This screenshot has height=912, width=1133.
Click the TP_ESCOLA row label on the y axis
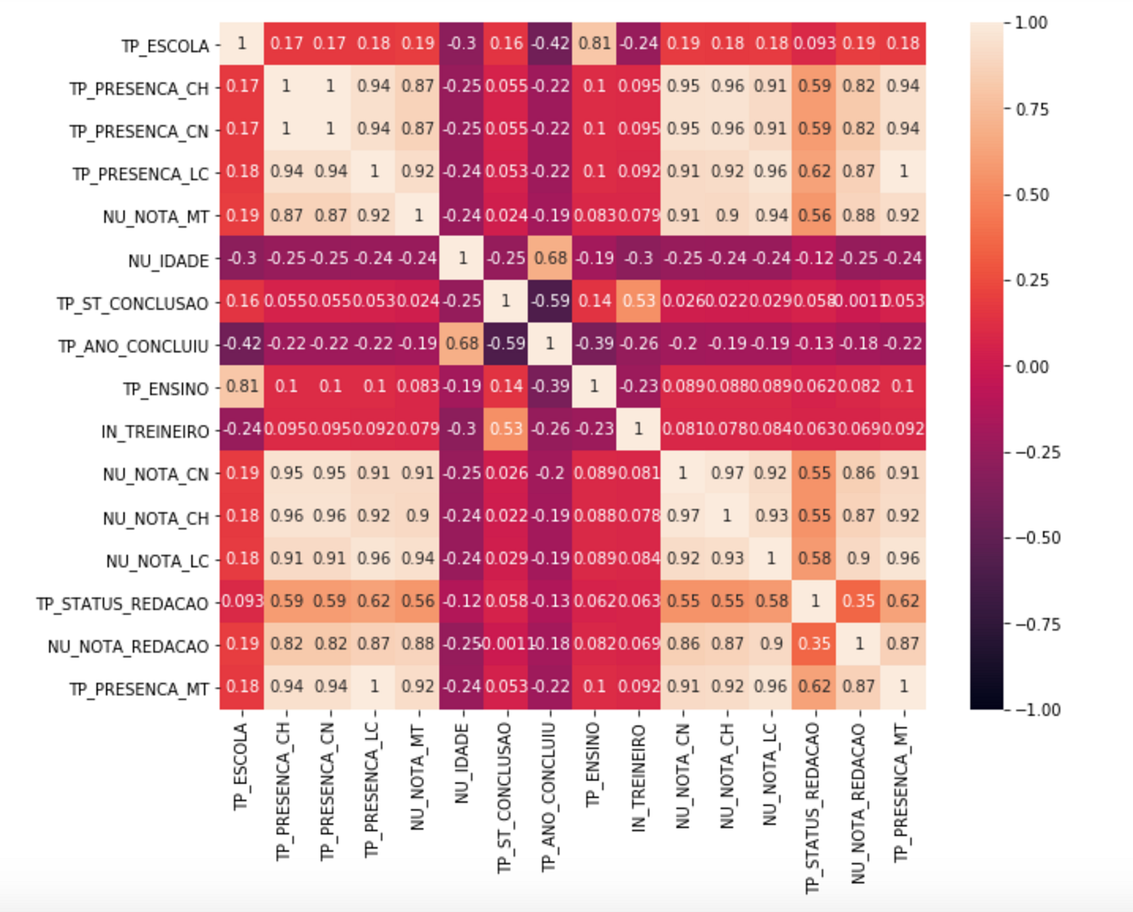[164, 46]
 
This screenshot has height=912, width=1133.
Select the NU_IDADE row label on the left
[168, 261]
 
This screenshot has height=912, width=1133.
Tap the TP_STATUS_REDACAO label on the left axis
[122, 604]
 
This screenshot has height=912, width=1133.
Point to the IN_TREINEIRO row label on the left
[155, 432]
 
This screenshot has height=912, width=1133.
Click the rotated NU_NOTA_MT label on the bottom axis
[418, 777]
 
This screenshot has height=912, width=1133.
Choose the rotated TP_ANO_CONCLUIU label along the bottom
[550, 797]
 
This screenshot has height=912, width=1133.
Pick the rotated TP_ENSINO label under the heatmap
[594, 765]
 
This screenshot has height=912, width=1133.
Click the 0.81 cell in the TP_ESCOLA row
[594, 43]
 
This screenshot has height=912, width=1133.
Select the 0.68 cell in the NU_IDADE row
[550, 258]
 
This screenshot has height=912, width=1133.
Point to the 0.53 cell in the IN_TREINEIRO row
[506, 429]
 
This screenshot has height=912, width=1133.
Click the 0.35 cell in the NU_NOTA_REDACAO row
[814, 643]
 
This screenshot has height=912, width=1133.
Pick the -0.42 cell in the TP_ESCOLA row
[550, 43]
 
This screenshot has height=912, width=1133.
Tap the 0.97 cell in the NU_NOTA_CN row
[727, 473]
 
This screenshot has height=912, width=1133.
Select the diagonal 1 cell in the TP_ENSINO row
[594, 386]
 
